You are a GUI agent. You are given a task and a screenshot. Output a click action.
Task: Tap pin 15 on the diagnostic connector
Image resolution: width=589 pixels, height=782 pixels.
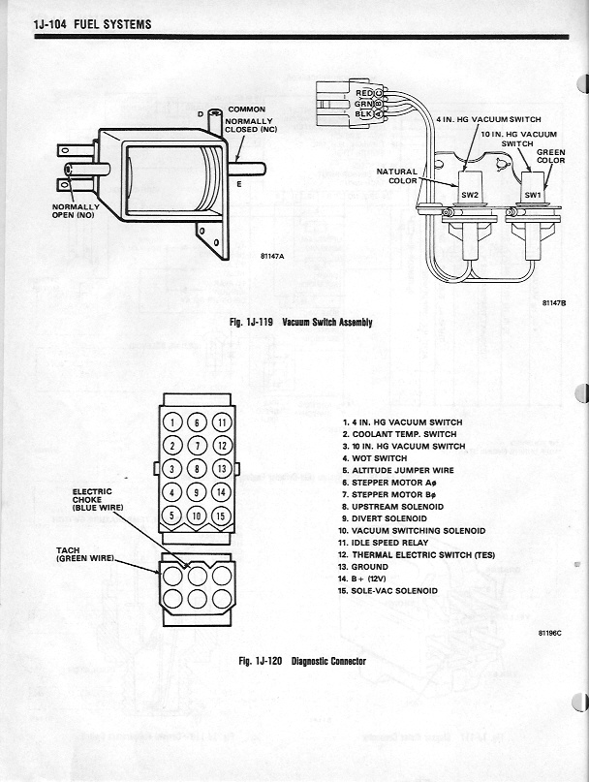coord(221,514)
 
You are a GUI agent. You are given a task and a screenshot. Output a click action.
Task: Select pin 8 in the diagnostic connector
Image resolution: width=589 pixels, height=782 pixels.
coord(197,468)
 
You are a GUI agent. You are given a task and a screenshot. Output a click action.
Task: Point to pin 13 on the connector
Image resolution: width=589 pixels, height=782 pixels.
coord(221,468)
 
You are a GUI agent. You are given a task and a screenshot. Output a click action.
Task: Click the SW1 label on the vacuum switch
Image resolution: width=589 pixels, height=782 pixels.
coord(533,194)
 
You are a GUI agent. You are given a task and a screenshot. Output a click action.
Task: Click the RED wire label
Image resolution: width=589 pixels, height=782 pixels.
coord(364,92)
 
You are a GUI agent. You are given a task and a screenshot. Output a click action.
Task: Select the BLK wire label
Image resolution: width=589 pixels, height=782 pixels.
coord(364,113)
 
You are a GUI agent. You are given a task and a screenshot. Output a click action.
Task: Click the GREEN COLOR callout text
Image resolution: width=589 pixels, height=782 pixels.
coord(550,156)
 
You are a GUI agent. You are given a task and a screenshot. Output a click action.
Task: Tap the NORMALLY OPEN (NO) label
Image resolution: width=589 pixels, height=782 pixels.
coord(76,210)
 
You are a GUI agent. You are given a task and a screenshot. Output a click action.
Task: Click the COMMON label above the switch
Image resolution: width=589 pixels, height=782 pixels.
coord(247,109)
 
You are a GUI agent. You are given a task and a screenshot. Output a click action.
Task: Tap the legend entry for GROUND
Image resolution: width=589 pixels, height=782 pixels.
coord(368,566)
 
